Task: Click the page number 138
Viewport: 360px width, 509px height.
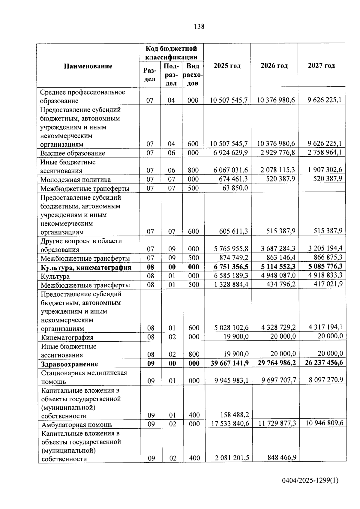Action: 199,27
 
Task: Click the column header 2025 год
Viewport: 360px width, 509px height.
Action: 227,66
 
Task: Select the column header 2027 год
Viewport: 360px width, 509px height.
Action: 321,66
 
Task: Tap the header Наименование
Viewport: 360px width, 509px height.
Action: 88,66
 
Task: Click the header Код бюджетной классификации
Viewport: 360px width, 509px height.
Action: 171,53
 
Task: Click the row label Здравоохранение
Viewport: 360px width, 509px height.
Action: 69,364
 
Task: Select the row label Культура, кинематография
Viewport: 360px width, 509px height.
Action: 86,268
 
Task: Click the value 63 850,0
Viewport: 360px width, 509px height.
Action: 236,188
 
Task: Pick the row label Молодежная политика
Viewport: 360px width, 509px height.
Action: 76,180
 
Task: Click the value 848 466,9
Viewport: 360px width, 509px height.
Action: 281,457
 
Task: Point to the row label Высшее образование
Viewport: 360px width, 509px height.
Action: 73,153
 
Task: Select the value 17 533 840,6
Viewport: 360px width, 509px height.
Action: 229,424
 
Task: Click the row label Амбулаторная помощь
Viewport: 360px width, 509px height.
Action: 77,425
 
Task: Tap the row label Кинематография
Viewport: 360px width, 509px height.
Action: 67,337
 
